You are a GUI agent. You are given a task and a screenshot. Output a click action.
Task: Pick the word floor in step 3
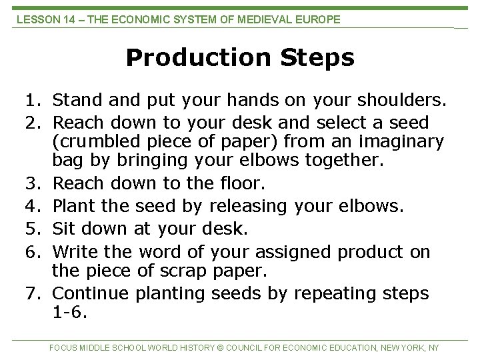click(x=247, y=183)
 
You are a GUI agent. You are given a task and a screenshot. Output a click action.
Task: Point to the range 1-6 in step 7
click(x=69, y=312)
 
